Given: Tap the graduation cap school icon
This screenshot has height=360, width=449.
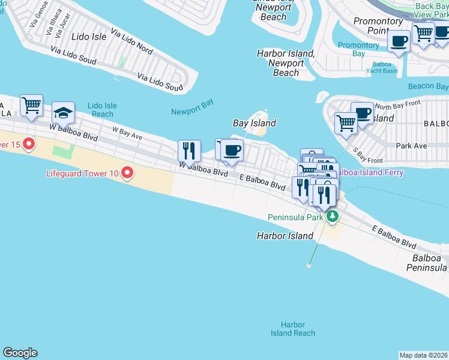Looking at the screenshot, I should click(63, 112).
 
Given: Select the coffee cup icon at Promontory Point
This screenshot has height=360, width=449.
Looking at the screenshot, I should click(399, 41).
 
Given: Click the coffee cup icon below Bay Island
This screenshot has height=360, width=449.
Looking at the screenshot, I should click(232, 150).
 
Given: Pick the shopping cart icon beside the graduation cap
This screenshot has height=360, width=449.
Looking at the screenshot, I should click(31, 105).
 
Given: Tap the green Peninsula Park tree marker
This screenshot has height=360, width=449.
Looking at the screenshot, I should click(331, 216).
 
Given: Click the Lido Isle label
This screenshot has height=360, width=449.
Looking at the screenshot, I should click(89, 37).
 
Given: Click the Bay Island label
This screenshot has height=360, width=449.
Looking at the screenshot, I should click(255, 123).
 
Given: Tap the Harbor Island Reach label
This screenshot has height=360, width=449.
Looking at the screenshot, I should click(293, 329).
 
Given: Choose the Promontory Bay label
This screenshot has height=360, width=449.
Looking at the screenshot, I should click(359, 49).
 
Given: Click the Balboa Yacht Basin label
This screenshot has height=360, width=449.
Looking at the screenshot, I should click(382, 67).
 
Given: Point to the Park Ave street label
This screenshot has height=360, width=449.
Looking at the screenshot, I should click(411, 146).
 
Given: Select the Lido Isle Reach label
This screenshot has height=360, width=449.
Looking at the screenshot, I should click(102, 110).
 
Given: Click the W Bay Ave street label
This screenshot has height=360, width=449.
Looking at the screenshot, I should click(127, 133).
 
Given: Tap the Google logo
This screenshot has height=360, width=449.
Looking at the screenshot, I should click(20, 353).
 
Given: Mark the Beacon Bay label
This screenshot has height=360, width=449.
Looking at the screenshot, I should click(428, 86).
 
